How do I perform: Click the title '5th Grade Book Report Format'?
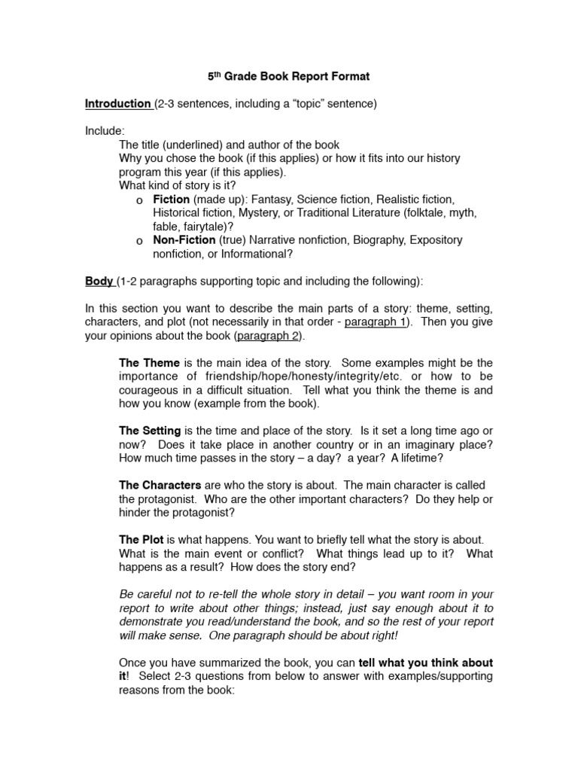pyautogui.click(x=288, y=77)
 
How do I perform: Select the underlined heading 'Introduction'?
pyautogui.click(x=118, y=104)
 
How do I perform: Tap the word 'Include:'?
pyautogui.click(x=105, y=131)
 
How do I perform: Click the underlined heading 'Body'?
pyautogui.click(x=99, y=282)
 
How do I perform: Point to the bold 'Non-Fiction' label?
pyautogui.click(x=184, y=240)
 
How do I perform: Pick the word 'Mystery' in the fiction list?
pyautogui.click(x=260, y=213)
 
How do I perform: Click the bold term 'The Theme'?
pyautogui.click(x=149, y=363)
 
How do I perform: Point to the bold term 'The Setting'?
pyautogui.click(x=150, y=431)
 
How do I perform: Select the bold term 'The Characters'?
pyautogui.click(x=160, y=485)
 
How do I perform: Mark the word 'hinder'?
pyautogui.click(x=135, y=512)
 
